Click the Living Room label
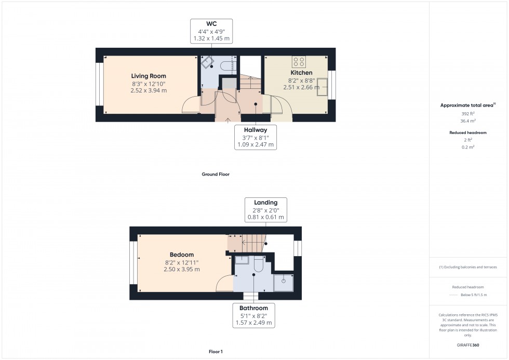[149, 76]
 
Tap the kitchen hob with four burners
[299, 62]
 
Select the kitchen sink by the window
[323, 87]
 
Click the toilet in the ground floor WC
[228, 65]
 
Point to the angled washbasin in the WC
[208, 62]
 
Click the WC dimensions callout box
[211, 31]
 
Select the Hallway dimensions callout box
[255, 137]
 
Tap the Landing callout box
[265, 210]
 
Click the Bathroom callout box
[253, 315]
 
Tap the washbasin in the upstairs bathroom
[242, 261]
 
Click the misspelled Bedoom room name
[181, 255]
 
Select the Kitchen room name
[301, 73]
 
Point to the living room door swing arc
[191, 105]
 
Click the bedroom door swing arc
[224, 284]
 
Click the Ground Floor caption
[216, 175]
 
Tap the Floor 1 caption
[215, 352]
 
